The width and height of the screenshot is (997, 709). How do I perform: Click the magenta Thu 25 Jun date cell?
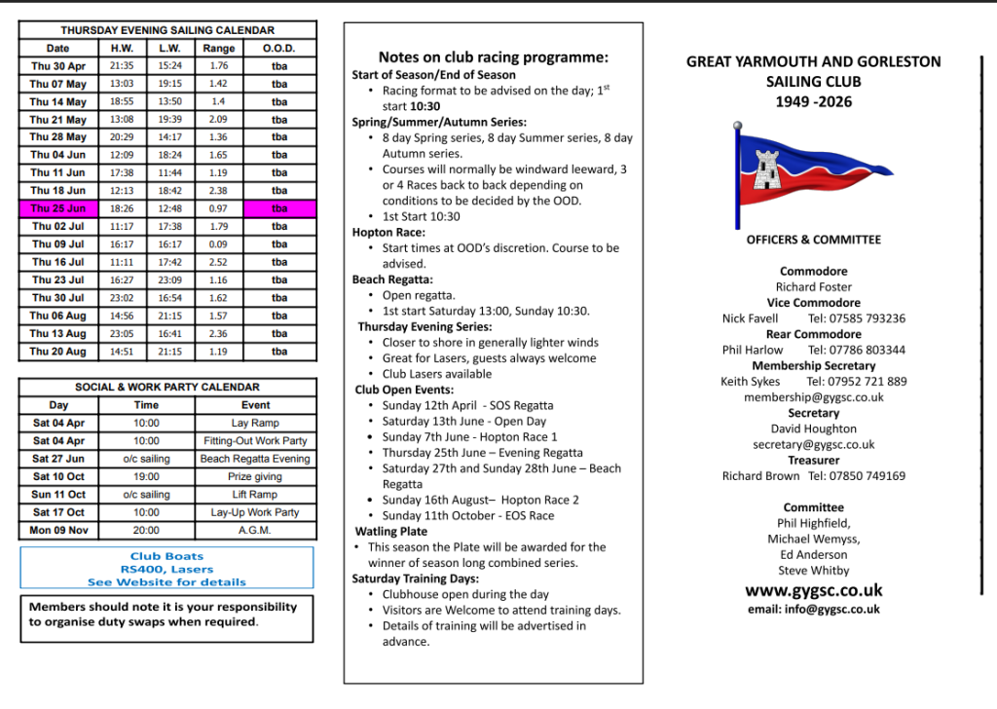(57, 208)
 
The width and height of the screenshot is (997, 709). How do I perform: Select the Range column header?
(218, 49)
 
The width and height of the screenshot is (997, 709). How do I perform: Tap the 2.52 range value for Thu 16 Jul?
(218, 262)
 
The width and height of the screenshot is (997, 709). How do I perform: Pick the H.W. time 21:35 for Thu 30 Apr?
(122, 66)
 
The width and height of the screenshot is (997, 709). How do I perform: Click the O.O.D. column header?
(279, 49)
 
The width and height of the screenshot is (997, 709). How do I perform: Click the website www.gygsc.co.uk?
(814, 590)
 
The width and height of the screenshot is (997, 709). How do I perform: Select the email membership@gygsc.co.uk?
(814, 397)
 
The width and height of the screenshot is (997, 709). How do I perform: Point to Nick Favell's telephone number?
(857, 318)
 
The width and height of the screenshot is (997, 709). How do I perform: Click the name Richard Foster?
(814, 287)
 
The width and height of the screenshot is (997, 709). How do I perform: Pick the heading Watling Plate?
(390, 532)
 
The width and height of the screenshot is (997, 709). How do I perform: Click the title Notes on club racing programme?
(494, 57)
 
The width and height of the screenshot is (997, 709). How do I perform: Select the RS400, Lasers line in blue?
(166, 570)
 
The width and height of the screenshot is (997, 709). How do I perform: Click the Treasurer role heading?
(814, 461)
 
